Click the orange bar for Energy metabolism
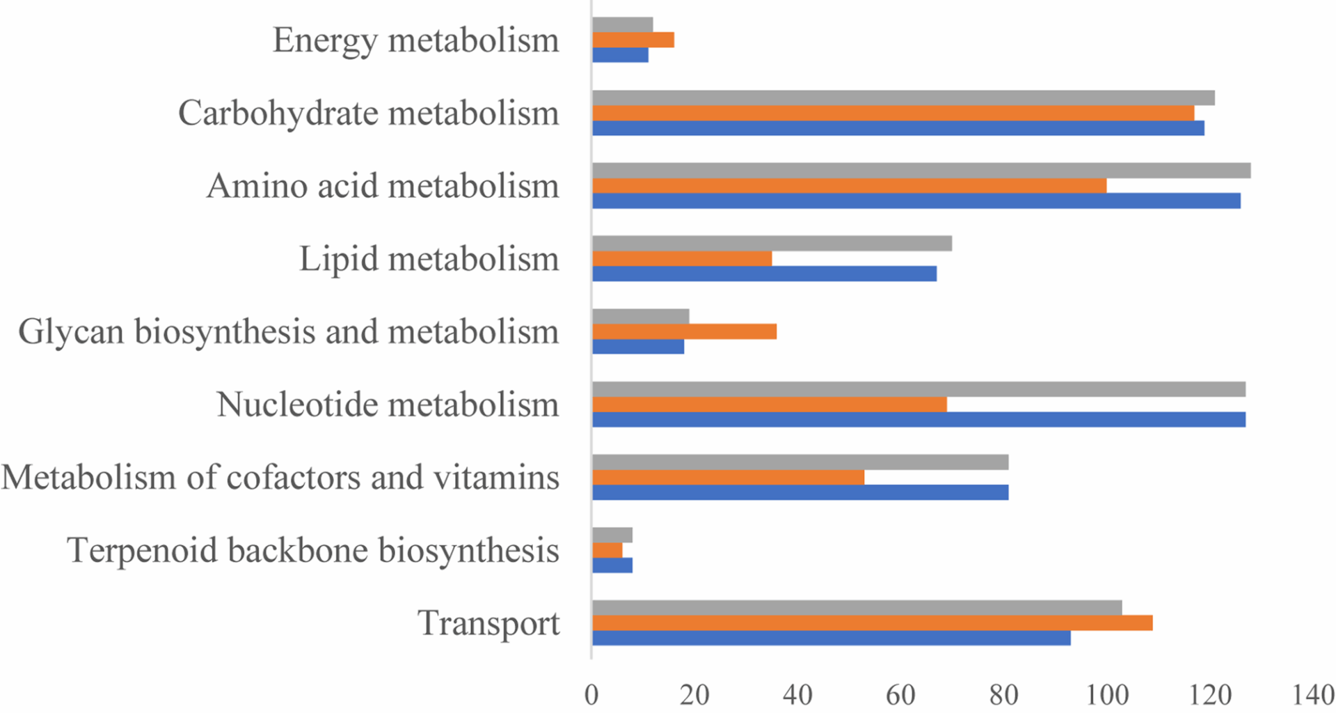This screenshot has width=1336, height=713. (x=633, y=40)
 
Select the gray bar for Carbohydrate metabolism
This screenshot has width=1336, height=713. (x=903, y=97)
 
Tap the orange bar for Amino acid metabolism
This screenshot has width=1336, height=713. (x=849, y=186)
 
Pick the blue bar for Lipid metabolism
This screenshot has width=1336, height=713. (x=764, y=274)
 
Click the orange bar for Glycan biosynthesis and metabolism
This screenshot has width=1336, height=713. (x=684, y=331)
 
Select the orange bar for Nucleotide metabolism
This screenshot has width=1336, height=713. (x=769, y=405)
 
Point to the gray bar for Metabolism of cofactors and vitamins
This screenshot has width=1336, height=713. (x=800, y=462)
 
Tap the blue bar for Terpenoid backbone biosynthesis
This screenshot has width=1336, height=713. (x=612, y=565)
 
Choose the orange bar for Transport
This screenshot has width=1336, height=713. (x=872, y=622)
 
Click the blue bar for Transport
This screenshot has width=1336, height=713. (x=831, y=638)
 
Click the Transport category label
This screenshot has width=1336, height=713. (x=488, y=623)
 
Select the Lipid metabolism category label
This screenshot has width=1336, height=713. (x=429, y=259)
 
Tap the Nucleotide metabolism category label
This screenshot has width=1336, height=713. (x=388, y=405)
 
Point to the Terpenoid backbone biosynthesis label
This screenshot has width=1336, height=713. (x=313, y=550)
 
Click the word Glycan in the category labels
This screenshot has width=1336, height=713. (x=72, y=331)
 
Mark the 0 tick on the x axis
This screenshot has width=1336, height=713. (x=591, y=696)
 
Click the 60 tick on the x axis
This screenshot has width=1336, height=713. (x=900, y=696)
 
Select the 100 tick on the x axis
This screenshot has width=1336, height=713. (x=1106, y=696)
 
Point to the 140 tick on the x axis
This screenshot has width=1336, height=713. (x=1312, y=696)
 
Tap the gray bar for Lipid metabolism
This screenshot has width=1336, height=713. (x=772, y=244)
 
